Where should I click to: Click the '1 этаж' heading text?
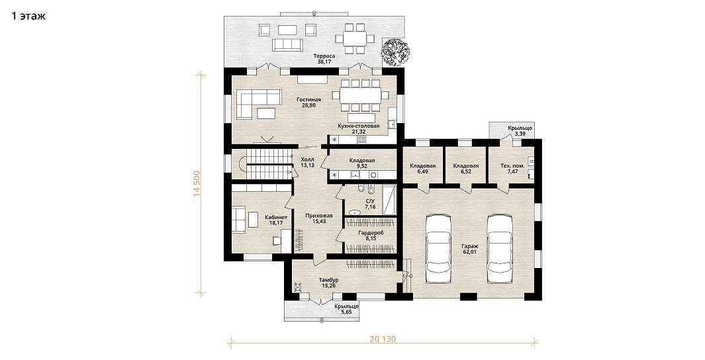click(28, 17)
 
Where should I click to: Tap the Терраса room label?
click(324, 56)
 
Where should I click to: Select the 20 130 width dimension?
click(382, 339)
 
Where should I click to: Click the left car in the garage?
click(438, 249)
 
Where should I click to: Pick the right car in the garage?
click(500, 249)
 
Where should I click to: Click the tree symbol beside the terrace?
click(396, 52)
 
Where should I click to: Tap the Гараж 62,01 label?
click(469, 249)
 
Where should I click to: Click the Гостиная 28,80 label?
click(309, 103)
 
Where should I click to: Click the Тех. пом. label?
click(512, 165)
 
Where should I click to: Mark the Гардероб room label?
click(371, 233)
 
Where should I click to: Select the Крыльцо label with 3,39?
click(520, 131)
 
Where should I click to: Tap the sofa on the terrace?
click(287, 44)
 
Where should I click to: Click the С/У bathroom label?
click(370, 201)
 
